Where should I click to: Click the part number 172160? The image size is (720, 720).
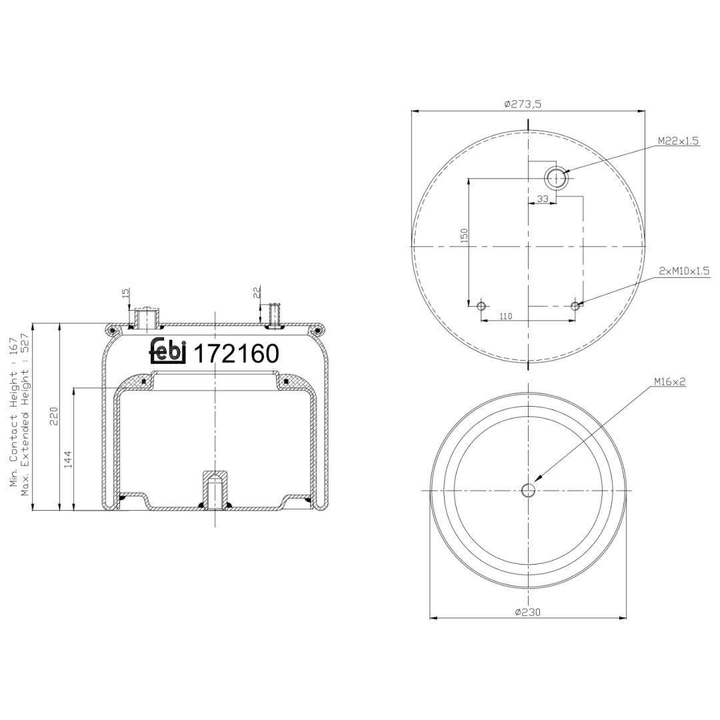tap(237, 353)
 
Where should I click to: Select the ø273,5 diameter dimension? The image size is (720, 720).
tap(523, 104)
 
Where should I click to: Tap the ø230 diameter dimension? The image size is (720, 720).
tap(528, 612)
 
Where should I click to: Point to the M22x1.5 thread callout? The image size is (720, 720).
tap(678, 141)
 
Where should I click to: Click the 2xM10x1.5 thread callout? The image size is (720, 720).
tap(684, 271)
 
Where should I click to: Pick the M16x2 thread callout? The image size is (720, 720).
tap(670, 381)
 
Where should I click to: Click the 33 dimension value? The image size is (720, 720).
tap(543, 199)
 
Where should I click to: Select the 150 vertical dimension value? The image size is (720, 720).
tap(464, 235)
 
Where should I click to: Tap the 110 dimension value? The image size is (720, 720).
tap(505, 316)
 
